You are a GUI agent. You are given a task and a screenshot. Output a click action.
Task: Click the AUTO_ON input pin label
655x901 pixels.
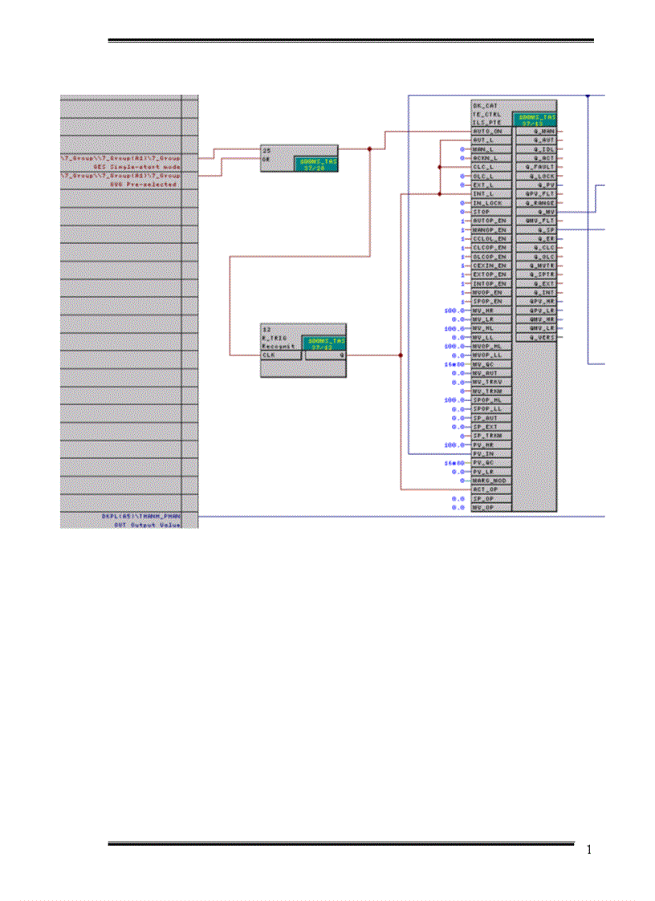coord(487,131)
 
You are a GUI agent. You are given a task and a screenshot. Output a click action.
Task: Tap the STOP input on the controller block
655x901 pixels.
coord(482,212)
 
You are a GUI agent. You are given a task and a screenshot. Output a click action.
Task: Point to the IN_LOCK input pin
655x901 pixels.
coord(486,203)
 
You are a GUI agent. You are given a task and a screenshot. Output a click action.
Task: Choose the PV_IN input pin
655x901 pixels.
coord(484,453)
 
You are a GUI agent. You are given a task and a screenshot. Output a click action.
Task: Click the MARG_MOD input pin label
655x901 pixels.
coord(488,480)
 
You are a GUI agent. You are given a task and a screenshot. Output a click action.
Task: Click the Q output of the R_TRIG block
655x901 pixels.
coord(343,354)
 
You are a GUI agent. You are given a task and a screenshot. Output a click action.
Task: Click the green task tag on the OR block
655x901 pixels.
coord(315,163)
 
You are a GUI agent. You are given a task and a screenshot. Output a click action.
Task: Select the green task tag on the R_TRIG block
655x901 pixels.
coord(323,343)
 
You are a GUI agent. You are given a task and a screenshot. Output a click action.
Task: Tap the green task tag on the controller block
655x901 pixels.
coord(534,120)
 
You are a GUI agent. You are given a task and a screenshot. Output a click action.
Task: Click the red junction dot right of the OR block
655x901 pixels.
coord(369,148)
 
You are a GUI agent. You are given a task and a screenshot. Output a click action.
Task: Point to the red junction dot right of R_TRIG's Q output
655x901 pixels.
coord(401,354)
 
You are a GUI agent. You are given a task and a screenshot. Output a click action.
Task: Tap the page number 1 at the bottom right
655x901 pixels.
coord(588,850)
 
